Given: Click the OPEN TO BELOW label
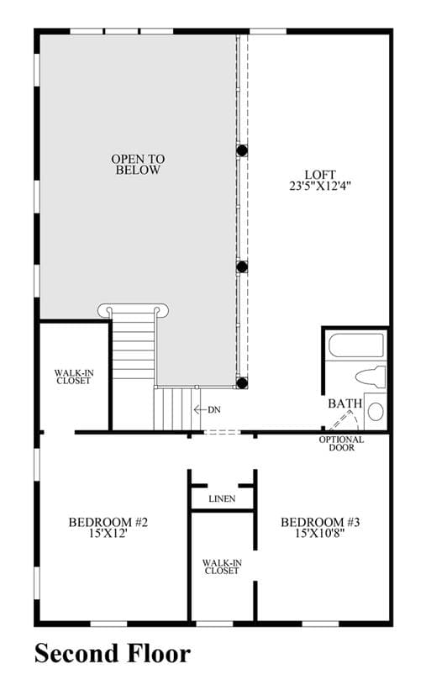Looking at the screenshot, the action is (138, 164).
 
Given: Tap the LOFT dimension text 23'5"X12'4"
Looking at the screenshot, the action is (320, 186).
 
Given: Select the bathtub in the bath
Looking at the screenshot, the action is (356, 345).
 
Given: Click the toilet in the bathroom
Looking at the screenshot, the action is (370, 377).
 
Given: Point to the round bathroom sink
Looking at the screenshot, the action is (376, 411).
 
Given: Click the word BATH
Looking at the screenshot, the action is (345, 403).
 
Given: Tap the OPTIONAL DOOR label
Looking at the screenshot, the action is (341, 444).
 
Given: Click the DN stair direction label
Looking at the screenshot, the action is (214, 410).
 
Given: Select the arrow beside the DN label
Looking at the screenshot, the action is (200, 410).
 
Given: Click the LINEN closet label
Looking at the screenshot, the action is (222, 498).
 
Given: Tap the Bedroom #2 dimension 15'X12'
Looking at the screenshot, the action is (108, 533).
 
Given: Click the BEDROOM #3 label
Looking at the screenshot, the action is (320, 522).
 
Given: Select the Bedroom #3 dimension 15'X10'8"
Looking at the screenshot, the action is (320, 533).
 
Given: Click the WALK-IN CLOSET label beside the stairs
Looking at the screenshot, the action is (74, 377).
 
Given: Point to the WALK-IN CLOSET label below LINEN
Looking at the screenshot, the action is (222, 566).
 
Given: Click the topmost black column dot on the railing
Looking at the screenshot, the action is (242, 150).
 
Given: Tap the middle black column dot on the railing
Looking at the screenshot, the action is (242, 267).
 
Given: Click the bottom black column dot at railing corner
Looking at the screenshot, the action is (242, 383).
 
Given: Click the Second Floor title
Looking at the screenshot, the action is (113, 654).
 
